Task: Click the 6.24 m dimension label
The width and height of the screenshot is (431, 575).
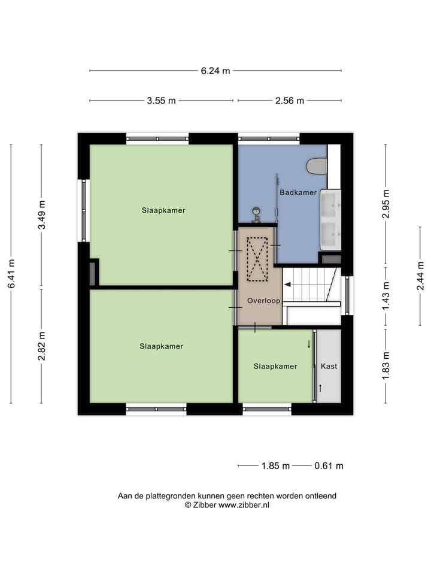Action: click(x=215, y=71)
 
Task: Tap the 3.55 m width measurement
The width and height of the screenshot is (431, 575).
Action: click(x=161, y=101)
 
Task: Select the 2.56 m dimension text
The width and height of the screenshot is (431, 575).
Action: click(x=290, y=101)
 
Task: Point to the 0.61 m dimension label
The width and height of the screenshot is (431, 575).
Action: click(x=329, y=466)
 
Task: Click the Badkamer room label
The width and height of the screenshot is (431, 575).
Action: click(x=298, y=192)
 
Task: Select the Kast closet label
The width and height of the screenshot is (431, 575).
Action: click(x=329, y=366)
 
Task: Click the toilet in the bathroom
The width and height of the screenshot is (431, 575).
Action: click(x=316, y=166)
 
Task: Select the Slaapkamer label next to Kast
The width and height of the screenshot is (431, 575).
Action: click(x=275, y=366)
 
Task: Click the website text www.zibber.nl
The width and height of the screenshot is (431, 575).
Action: click(x=244, y=505)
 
